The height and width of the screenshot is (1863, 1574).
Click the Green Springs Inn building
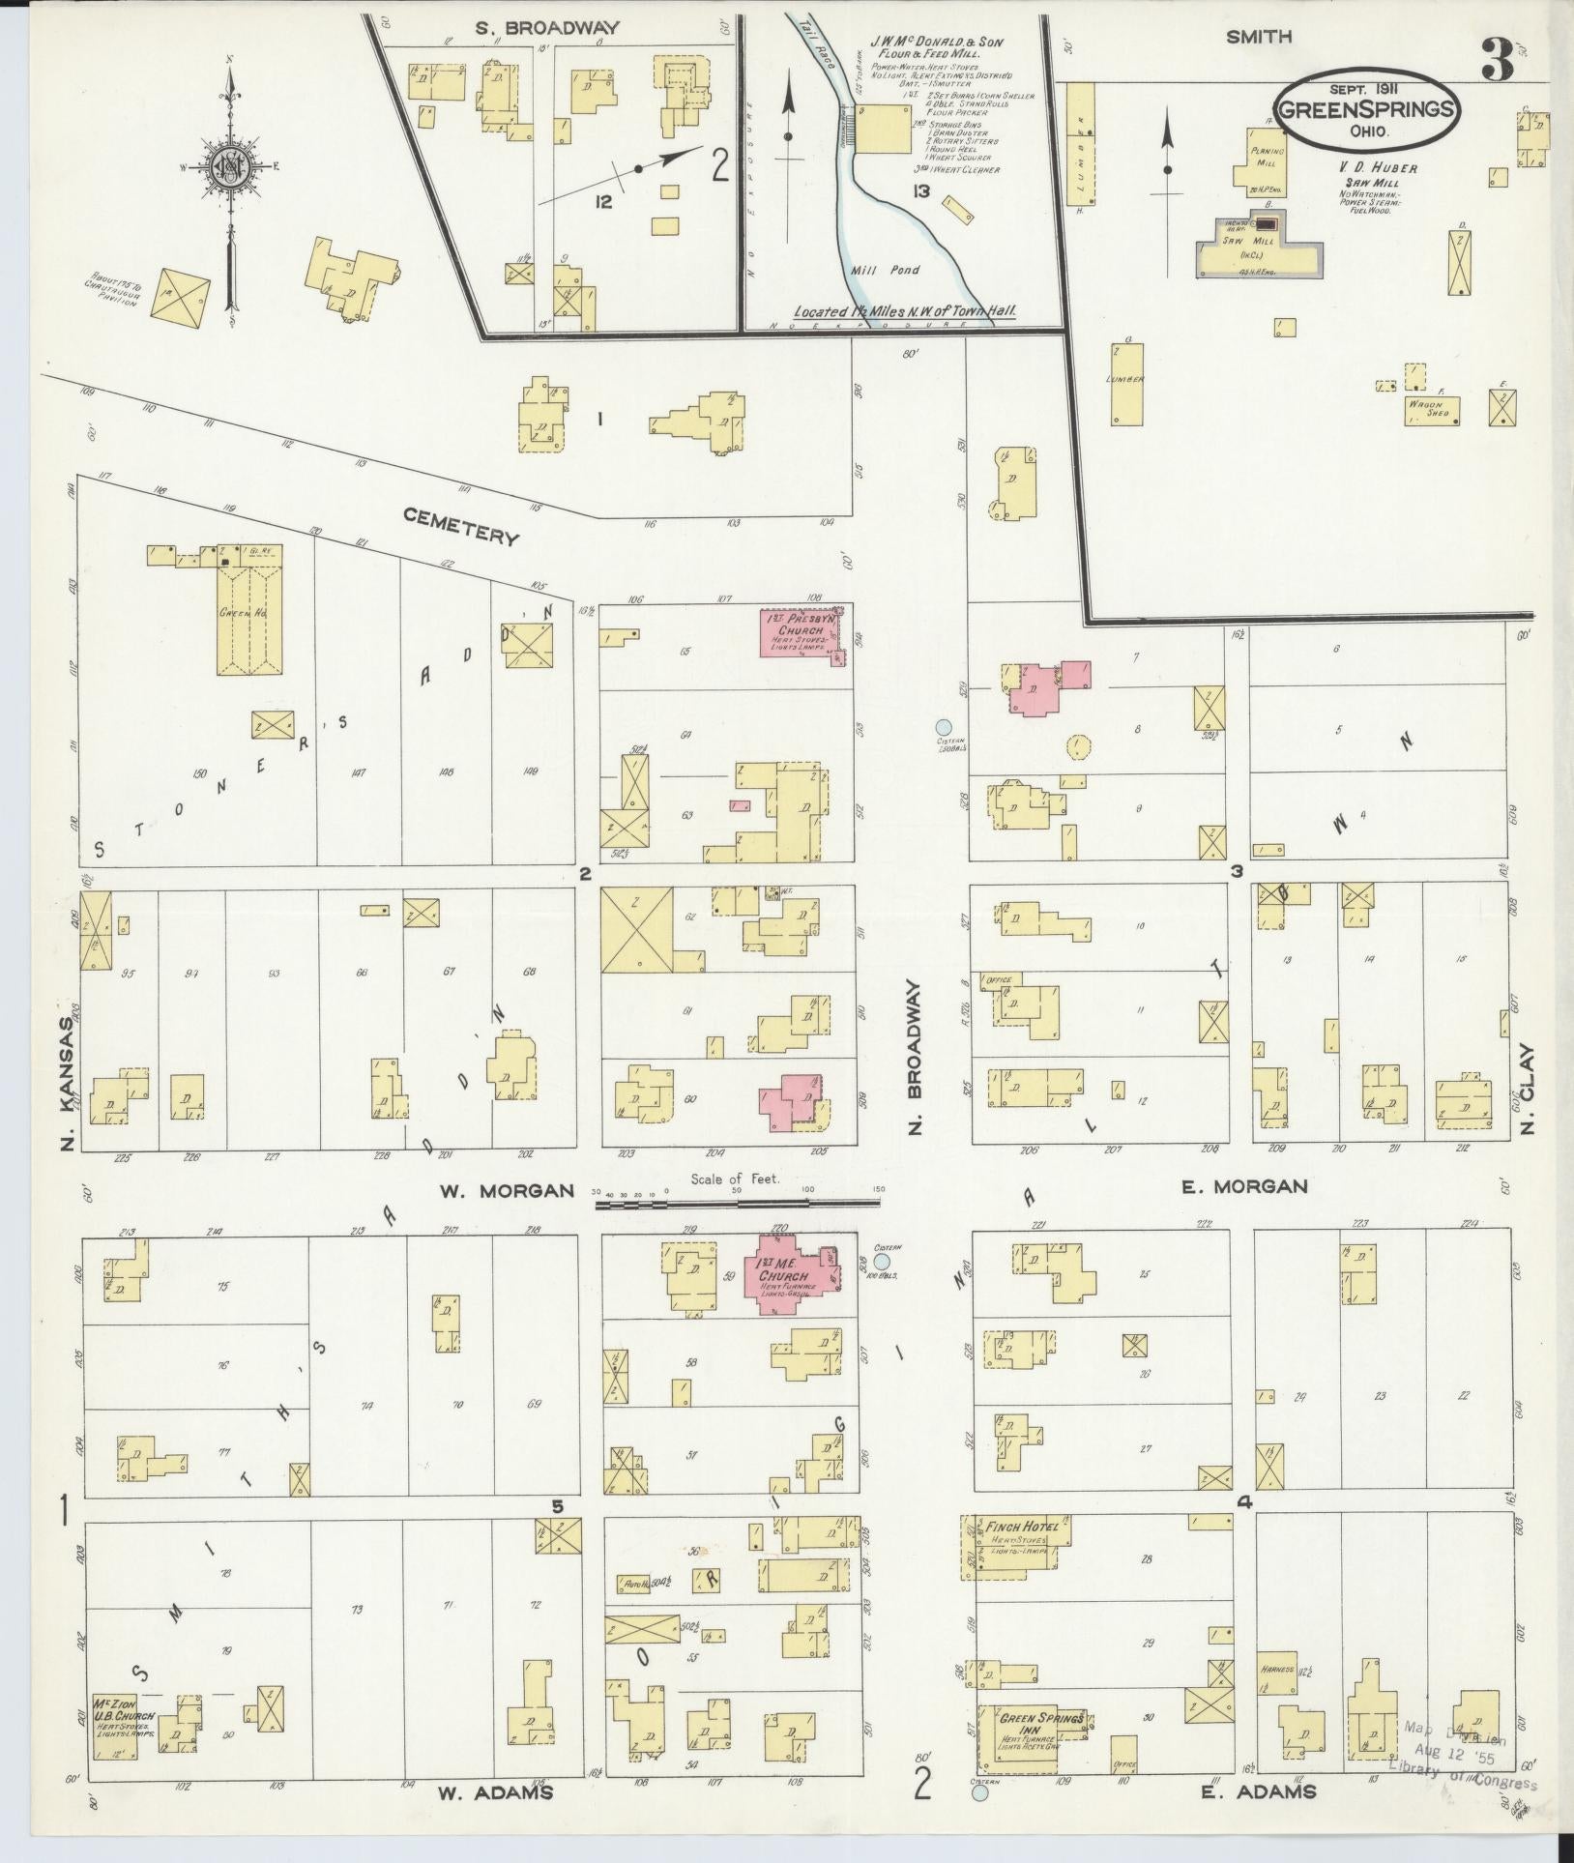click(1031, 1736)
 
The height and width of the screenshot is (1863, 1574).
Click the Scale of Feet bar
click(737, 1204)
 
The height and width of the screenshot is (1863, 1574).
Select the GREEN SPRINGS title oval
click(1366, 109)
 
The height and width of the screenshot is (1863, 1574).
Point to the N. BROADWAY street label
click(916, 1058)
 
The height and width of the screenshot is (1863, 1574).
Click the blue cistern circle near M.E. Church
click(881, 1261)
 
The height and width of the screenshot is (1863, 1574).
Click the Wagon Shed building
click(1432, 410)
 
